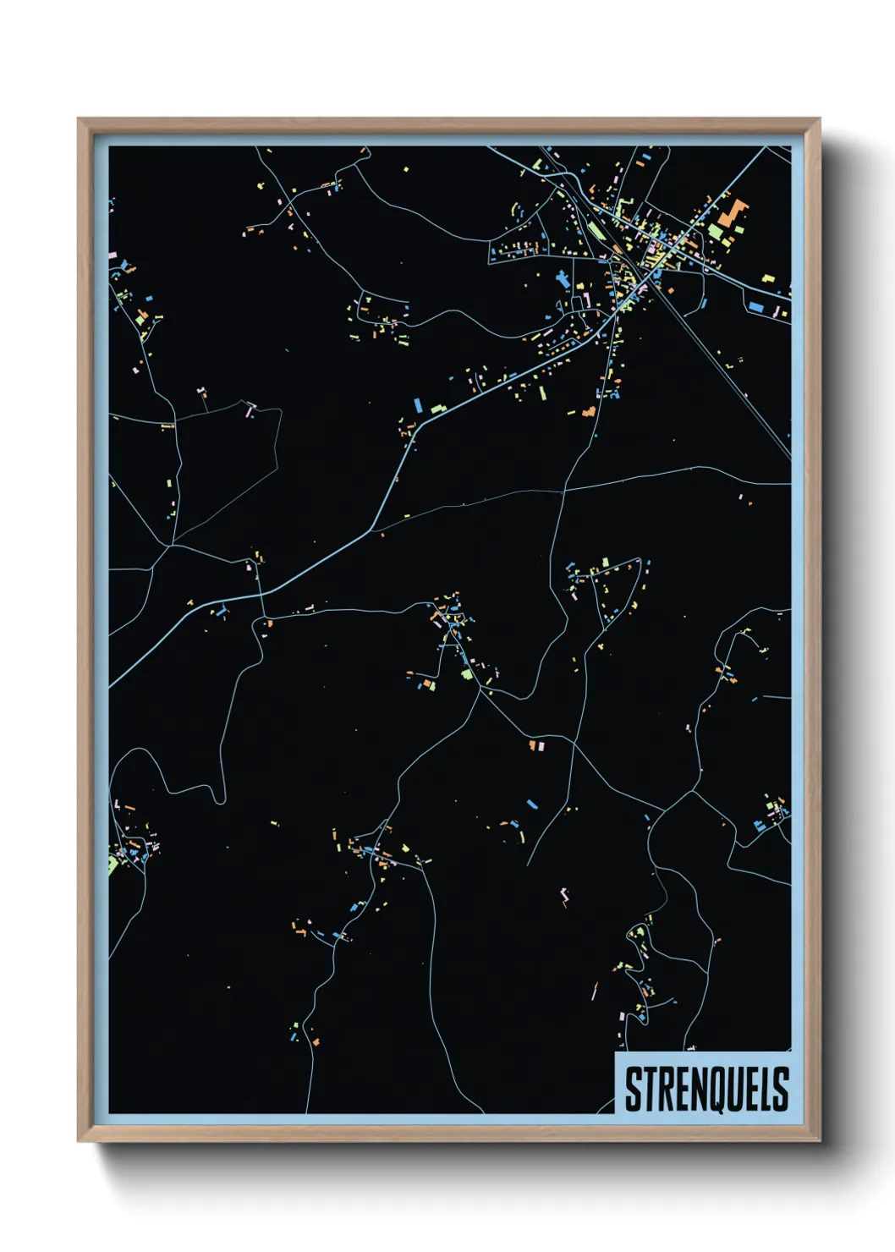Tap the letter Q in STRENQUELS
tap(717, 1089)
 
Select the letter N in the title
tap(699, 1089)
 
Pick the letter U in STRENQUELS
tap(737, 1089)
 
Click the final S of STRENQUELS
tap(781, 1089)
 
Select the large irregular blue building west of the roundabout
tap(562, 278)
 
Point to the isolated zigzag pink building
tap(564, 895)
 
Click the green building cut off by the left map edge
tap(113, 865)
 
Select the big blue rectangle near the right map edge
tap(756, 306)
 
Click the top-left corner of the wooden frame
tap(80, 120)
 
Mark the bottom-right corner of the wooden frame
tap(818, 1139)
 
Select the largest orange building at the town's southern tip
tap(590, 412)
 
